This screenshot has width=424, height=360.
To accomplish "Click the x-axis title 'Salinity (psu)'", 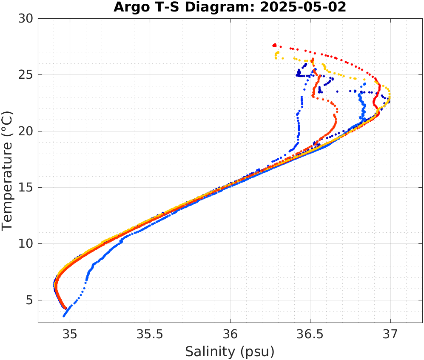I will (x=230, y=351).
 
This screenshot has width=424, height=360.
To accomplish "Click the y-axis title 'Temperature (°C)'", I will (x=8, y=170).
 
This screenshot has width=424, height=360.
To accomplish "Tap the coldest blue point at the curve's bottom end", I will (x=64, y=316).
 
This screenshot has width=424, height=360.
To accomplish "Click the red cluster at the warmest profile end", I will (x=274, y=45).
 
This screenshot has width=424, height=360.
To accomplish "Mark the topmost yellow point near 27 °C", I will (x=278, y=53).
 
